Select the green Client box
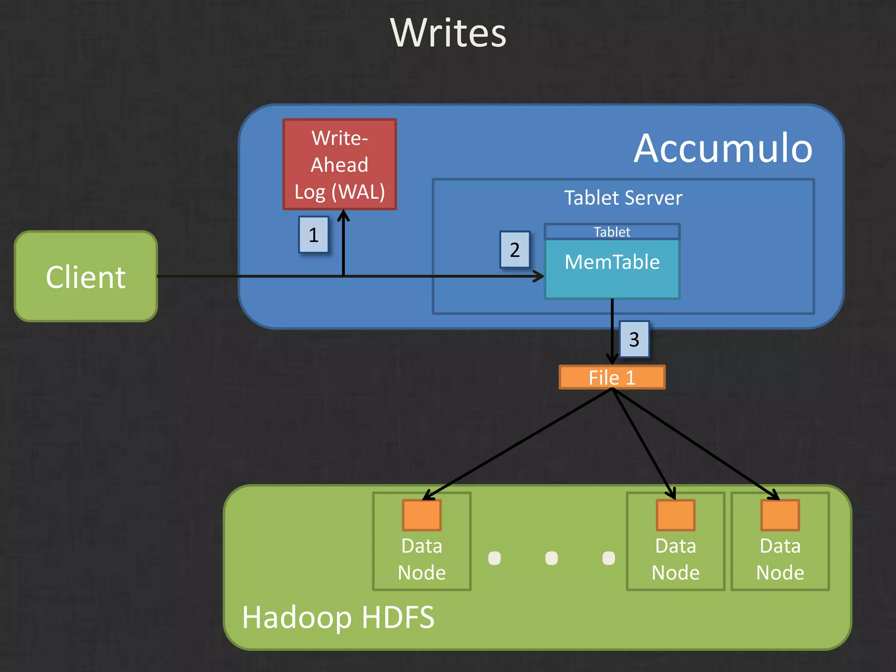click(x=86, y=276)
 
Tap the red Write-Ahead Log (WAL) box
click(x=339, y=164)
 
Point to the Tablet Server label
click(x=623, y=198)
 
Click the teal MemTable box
click(x=612, y=269)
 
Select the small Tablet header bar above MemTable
click(x=612, y=231)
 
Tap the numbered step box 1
click(x=313, y=235)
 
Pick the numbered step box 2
click(x=515, y=250)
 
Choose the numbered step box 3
click(x=634, y=339)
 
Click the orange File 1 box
click(x=612, y=377)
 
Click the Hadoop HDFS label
click(x=338, y=617)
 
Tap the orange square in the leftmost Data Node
click(x=422, y=515)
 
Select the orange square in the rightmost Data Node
click(x=780, y=515)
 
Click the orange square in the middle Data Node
click(x=675, y=515)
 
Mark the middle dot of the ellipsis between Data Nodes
click(x=551, y=558)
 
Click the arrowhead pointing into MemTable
click(x=539, y=276)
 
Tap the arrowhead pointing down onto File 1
click(x=612, y=359)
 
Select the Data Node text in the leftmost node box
click(x=422, y=559)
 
